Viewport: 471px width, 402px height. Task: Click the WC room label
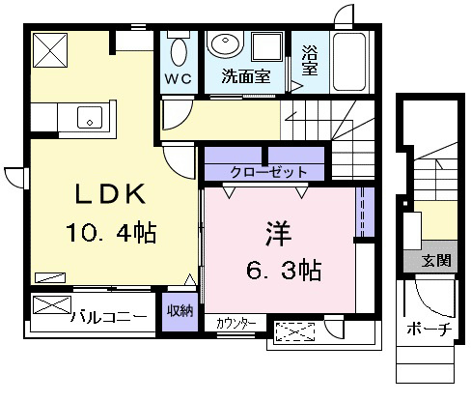(179, 78)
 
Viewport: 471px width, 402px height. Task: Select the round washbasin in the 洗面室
(225, 43)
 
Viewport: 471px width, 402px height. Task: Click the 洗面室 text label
(246, 76)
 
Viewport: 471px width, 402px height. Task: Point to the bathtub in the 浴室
(349, 61)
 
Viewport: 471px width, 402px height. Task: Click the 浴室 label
(310, 60)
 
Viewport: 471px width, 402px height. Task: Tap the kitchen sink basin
(90, 117)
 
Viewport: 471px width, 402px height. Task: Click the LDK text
(110, 194)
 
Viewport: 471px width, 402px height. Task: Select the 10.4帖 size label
(111, 232)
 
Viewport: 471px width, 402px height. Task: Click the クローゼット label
(268, 172)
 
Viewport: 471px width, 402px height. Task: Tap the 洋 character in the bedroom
(278, 233)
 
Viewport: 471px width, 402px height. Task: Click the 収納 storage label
(180, 311)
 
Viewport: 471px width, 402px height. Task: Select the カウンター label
(236, 324)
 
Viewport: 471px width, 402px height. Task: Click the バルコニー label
(109, 317)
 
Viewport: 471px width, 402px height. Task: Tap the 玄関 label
(436, 260)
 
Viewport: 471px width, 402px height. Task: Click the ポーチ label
(429, 329)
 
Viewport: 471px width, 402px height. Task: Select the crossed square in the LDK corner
(50, 50)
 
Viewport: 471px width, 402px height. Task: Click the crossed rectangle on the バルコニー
(52, 304)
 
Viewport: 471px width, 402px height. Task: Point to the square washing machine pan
(266, 46)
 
